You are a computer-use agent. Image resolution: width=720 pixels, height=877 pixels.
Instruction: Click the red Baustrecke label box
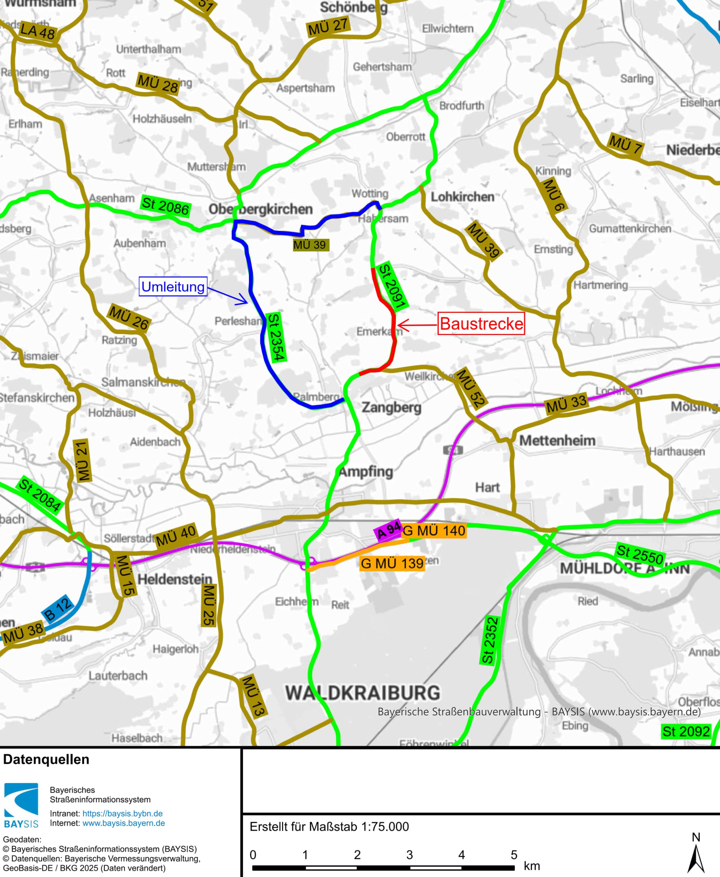[x=481, y=324]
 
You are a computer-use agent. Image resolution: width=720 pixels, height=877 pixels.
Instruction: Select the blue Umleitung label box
[x=173, y=286]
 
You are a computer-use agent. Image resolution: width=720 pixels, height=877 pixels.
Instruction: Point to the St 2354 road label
[x=276, y=337]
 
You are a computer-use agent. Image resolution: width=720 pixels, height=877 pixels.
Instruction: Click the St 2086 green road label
[x=165, y=206]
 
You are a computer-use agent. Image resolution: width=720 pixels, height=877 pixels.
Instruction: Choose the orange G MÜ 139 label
[x=392, y=564]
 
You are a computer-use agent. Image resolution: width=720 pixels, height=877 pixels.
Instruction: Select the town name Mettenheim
[x=557, y=440]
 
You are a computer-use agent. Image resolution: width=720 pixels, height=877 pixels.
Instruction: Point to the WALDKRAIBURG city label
[x=363, y=693]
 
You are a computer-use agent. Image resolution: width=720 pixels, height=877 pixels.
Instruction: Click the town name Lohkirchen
[x=462, y=197]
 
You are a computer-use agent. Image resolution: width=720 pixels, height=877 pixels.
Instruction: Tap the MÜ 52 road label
[x=470, y=388]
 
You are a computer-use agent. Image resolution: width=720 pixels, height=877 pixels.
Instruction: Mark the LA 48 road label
[x=37, y=32]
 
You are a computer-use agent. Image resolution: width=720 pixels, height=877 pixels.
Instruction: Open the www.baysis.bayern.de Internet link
[x=124, y=823]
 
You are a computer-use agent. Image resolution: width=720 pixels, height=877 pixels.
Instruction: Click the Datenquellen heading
[x=46, y=759]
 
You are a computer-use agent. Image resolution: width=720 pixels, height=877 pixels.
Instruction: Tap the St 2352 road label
[x=489, y=640]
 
